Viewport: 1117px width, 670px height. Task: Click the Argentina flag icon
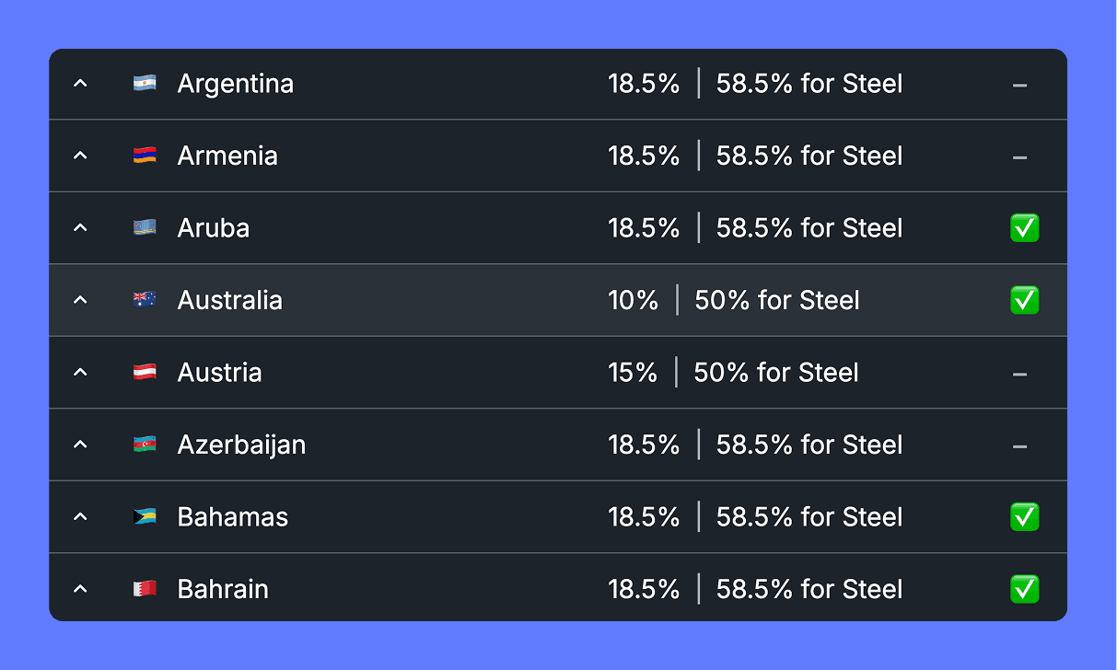click(x=145, y=84)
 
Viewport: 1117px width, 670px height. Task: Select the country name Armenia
click(x=227, y=156)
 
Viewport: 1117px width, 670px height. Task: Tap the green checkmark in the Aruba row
click(x=1024, y=228)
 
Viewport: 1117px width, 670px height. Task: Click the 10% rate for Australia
click(x=633, y=300)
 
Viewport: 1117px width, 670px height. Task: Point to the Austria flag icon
click(x=145, y=373)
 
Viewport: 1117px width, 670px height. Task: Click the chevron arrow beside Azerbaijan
click(x=80, y=445)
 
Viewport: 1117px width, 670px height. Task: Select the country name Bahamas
click(x=233, y=517)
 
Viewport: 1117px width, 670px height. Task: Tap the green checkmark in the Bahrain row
click(x=1024, y=589)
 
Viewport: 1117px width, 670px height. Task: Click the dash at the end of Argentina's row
click(x=1019, y=86)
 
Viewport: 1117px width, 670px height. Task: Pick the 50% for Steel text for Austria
click(x=776, y=373)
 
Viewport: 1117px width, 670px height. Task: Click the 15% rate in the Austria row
click(x=633, y=373)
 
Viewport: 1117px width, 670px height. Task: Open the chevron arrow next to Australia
click(x=80, y=300)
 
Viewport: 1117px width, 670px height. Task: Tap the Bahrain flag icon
click(x=145, y=589)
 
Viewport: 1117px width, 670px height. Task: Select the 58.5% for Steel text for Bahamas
click(x=809, y=517)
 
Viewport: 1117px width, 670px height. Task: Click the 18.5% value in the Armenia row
click(x=644, y=156)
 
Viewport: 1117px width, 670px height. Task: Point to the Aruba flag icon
click(x=145, y=228)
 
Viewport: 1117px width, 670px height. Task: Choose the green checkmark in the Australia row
click(x=1024, y=300)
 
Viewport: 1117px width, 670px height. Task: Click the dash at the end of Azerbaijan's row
click(x=1019, y=446)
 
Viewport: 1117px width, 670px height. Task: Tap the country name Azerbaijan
click(x=241, y=445)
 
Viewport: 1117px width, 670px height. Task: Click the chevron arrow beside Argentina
click(x=80, y=84)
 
